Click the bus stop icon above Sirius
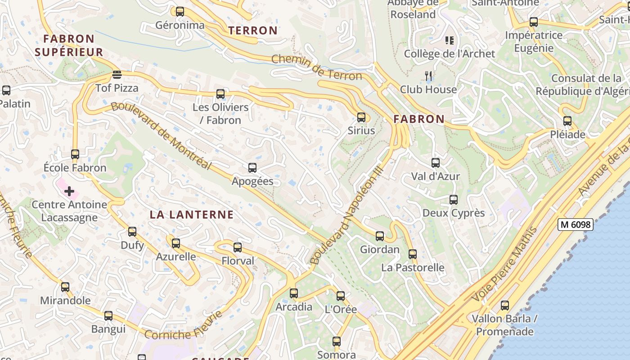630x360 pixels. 361,117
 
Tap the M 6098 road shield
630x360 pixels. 575,224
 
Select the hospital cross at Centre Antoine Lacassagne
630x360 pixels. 69,192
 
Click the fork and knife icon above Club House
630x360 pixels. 429,76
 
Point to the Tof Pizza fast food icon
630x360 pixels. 117,74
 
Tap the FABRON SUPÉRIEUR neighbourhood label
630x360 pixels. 69,45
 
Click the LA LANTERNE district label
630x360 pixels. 192,215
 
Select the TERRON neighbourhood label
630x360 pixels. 253,31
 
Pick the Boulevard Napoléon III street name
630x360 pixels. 346,215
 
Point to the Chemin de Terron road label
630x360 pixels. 317,67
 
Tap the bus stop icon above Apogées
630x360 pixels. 252,168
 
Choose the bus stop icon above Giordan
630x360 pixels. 380,236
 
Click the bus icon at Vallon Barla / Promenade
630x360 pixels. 505,306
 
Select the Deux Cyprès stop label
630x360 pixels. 454,213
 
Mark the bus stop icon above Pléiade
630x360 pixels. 567,121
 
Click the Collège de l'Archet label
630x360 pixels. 449,54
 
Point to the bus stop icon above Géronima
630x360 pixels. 180,12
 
